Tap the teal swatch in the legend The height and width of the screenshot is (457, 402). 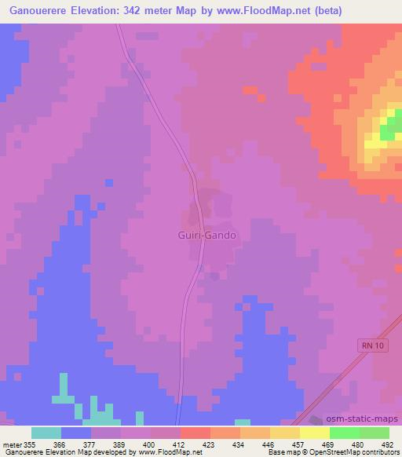(x=46, y=433)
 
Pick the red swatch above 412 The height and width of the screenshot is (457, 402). (x=195, y=433)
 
